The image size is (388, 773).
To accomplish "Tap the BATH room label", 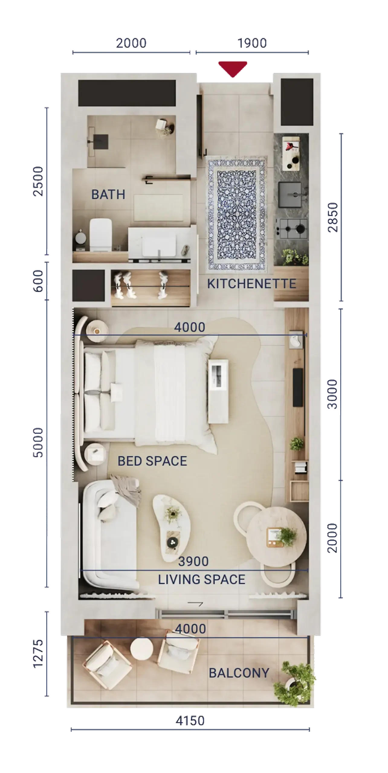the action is click(108, 194).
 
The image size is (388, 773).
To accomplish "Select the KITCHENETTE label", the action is click(251, 284).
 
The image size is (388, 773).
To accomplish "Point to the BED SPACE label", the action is click(152, 461).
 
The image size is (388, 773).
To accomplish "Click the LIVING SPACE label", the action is click(202, 579).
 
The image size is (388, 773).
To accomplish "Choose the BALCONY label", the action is click(239, 673).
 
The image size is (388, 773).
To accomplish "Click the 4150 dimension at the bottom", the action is click(190, 720).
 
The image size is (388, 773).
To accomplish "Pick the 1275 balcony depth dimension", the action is click(38, 653).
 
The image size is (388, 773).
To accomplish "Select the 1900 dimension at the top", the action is click(252, 43).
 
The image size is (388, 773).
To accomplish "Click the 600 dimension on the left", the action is click(38, 281).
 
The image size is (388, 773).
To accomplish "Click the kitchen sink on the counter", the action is click(290, 194).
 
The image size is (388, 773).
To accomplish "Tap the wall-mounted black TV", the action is click(298, 387).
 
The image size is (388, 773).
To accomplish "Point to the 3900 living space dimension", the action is click(193, 561).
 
